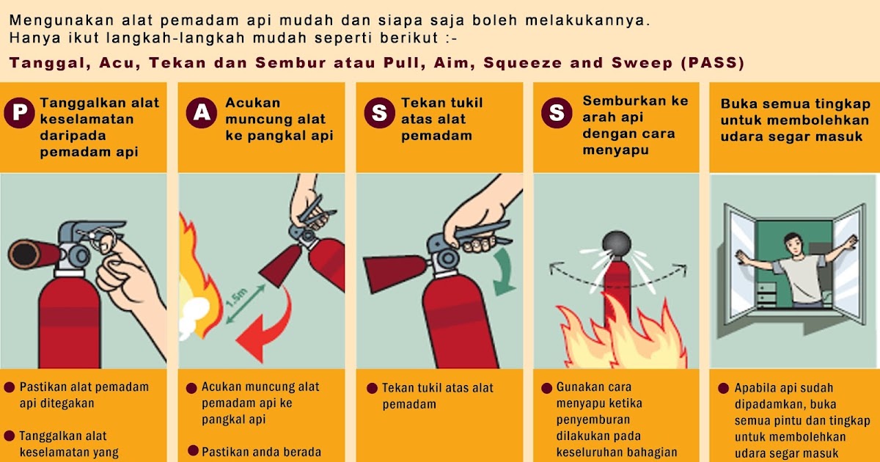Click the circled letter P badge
[x=21, y=112]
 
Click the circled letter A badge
[x=200, y=112]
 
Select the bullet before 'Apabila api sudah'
[x=722, y=389]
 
